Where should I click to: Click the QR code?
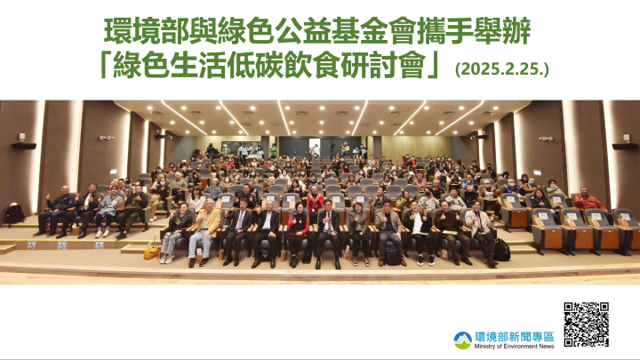tap(586, 324)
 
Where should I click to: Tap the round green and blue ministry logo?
tap(463, 340)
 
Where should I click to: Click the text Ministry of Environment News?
tap(514, 346)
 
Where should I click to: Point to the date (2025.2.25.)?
tap(502, 68)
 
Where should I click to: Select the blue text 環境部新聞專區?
tap(515, 337)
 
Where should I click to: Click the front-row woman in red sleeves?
tap(299, 234)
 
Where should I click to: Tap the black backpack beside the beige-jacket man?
tap(501, 250)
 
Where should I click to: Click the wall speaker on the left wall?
tap(24, 146)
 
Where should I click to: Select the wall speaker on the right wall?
tap(625, 147)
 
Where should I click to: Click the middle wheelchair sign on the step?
tap(61, 245)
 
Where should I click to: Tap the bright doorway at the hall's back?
tap(315, 147)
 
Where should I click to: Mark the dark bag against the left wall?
tap(14, 213)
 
